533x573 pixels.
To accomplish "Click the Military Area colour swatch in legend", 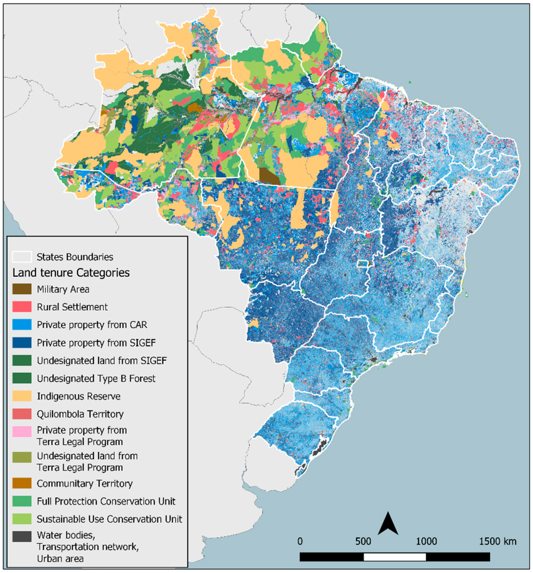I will tap(22, 289).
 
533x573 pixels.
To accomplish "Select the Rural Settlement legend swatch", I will tap(22, 307).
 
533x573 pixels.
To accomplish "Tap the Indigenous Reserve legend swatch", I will tap(22, 396).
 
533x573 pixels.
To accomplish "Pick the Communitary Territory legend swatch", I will tap(22, 483).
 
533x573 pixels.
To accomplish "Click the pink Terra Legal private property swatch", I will tap(22, 431).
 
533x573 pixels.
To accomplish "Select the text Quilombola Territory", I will tap(80, 414).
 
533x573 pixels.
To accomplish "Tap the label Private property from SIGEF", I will tap(96, 343).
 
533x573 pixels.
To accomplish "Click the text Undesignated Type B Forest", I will tap(96, 378).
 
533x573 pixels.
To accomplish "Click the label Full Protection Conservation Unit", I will tap(106, 501).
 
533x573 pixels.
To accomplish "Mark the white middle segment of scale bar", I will tap(395, 557).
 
